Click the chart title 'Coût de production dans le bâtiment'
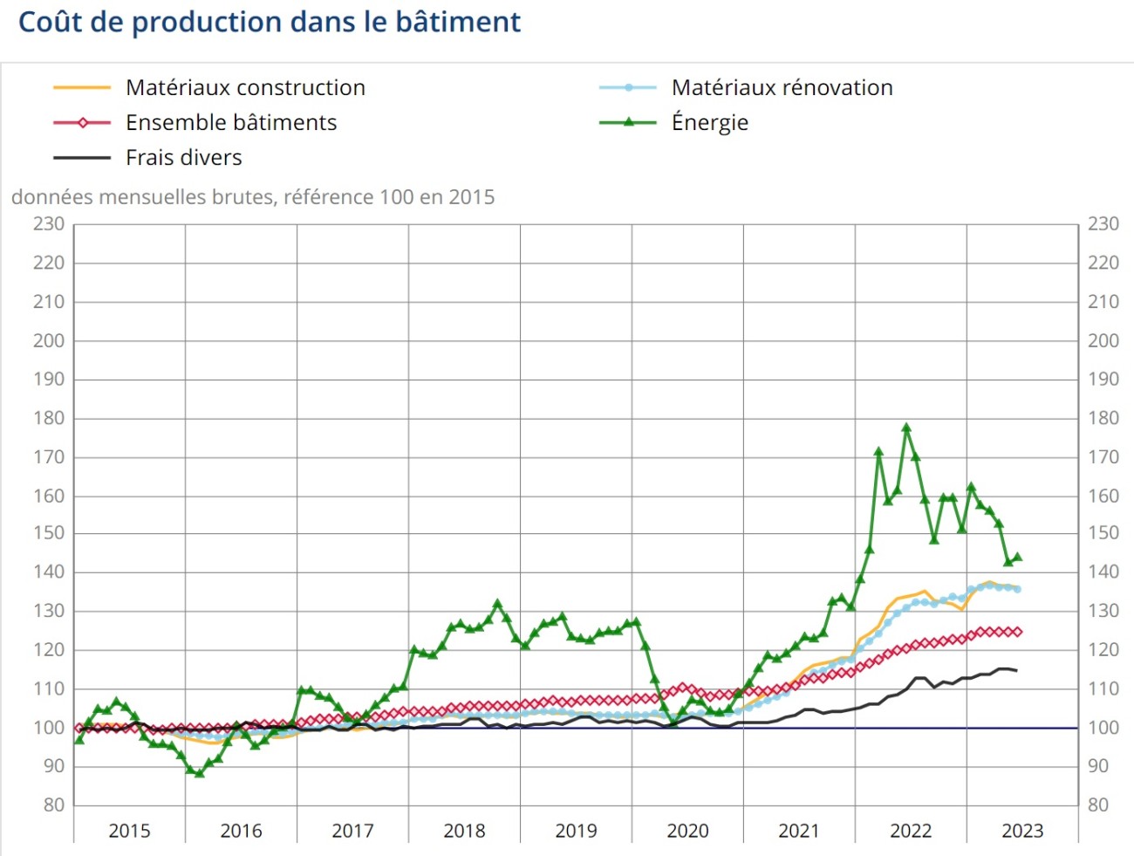pyautogui.click(x=269, y=22)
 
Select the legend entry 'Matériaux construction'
pyautogui.click(x=245, y=88)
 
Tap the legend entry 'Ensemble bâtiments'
pyautogui.click(x=230, y=123)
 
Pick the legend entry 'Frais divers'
pyautogui.click(x=183, y=158)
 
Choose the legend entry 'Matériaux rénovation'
pyautogui.click(x=782, y=88)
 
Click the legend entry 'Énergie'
pyautogui.click(x=709, y=123)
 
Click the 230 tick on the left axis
pyautogui.click(x=49, y=224)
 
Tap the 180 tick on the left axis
pyautogui.click(x=49, y=418)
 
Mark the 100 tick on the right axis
pyautogui.click(x=1103, y=728)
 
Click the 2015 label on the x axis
pyautogui.click(x=129, y=831)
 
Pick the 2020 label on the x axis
pyautogui.click(x=687, y=831)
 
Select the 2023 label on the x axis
pyautogui.click(x=1022, y=831)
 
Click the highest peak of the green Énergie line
pyautogui.click(x=906, y=428)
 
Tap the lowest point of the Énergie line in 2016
pyautogui.click(x=199, y=773)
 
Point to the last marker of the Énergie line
pyautogui.click(x=1017, y=558)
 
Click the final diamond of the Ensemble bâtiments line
pyautogui.click(x=1017, y=632)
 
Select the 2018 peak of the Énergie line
pyautogui.click(x=497, y=603)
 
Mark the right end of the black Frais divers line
pyautogui.click(x=1017, y=670)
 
